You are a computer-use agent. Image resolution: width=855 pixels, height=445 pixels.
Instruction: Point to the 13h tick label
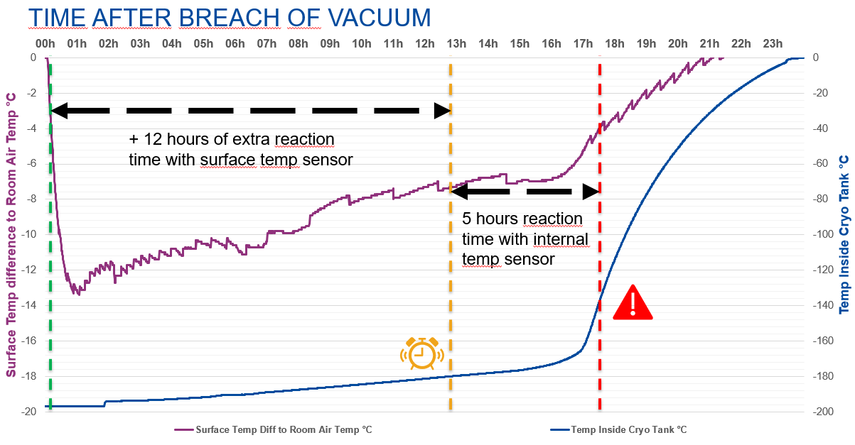point(456,44)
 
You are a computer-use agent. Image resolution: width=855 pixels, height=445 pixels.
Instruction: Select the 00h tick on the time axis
point(45,44)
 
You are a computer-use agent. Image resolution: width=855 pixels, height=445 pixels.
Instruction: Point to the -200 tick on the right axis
point(822,412)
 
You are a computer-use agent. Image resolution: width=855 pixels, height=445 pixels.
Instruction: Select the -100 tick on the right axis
point(822,234)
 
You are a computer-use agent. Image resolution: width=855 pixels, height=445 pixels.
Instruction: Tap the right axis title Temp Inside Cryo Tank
point(844,234)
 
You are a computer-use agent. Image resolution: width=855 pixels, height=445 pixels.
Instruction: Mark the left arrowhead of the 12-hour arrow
point(58,111)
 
